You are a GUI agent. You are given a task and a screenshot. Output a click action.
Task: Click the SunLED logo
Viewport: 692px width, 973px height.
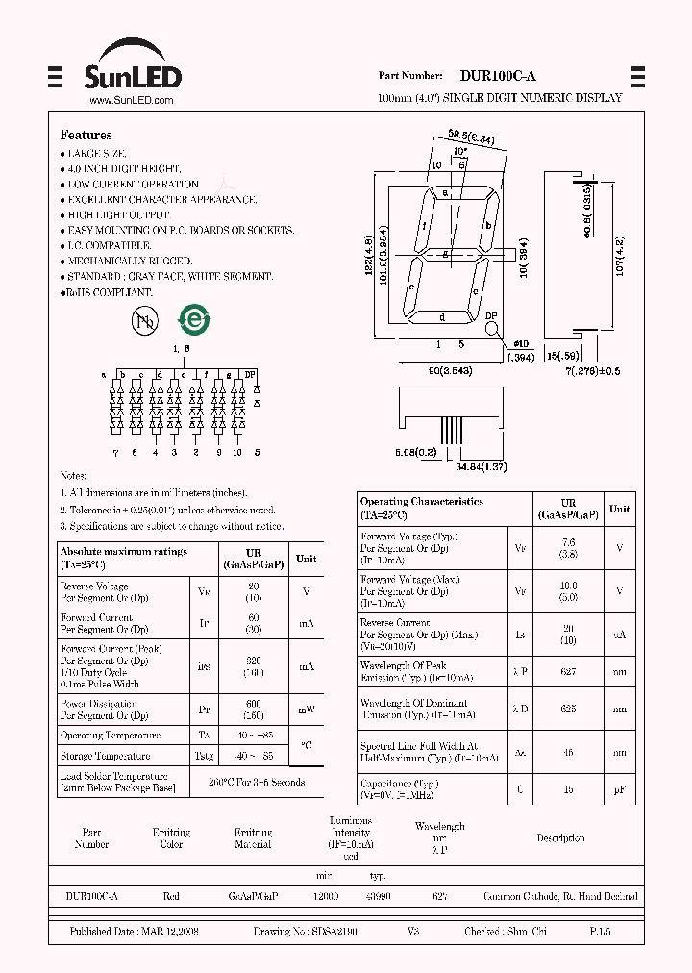point(135,67)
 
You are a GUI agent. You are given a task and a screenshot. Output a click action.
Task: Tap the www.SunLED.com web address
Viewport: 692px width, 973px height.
point(131,100)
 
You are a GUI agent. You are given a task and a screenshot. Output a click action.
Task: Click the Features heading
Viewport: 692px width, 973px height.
point(86,136)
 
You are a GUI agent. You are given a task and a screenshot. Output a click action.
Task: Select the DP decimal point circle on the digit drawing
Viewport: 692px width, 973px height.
point(492,329)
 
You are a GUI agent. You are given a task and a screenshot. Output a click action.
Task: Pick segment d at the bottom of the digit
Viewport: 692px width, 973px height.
point(442,317)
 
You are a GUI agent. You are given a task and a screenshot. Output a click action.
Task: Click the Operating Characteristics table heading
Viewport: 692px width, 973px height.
point(421,502)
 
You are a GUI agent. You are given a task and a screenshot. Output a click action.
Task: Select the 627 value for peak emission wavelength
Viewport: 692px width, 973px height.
point(569,671)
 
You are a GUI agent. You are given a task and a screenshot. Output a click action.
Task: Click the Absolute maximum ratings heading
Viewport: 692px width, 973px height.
point(123,552)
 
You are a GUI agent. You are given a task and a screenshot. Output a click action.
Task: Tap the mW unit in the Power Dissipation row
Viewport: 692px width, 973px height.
point(306,710)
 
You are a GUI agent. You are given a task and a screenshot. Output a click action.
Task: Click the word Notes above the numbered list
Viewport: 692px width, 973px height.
point(73,476)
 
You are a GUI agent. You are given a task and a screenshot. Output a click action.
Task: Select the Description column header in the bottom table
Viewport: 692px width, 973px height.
point(560,838)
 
